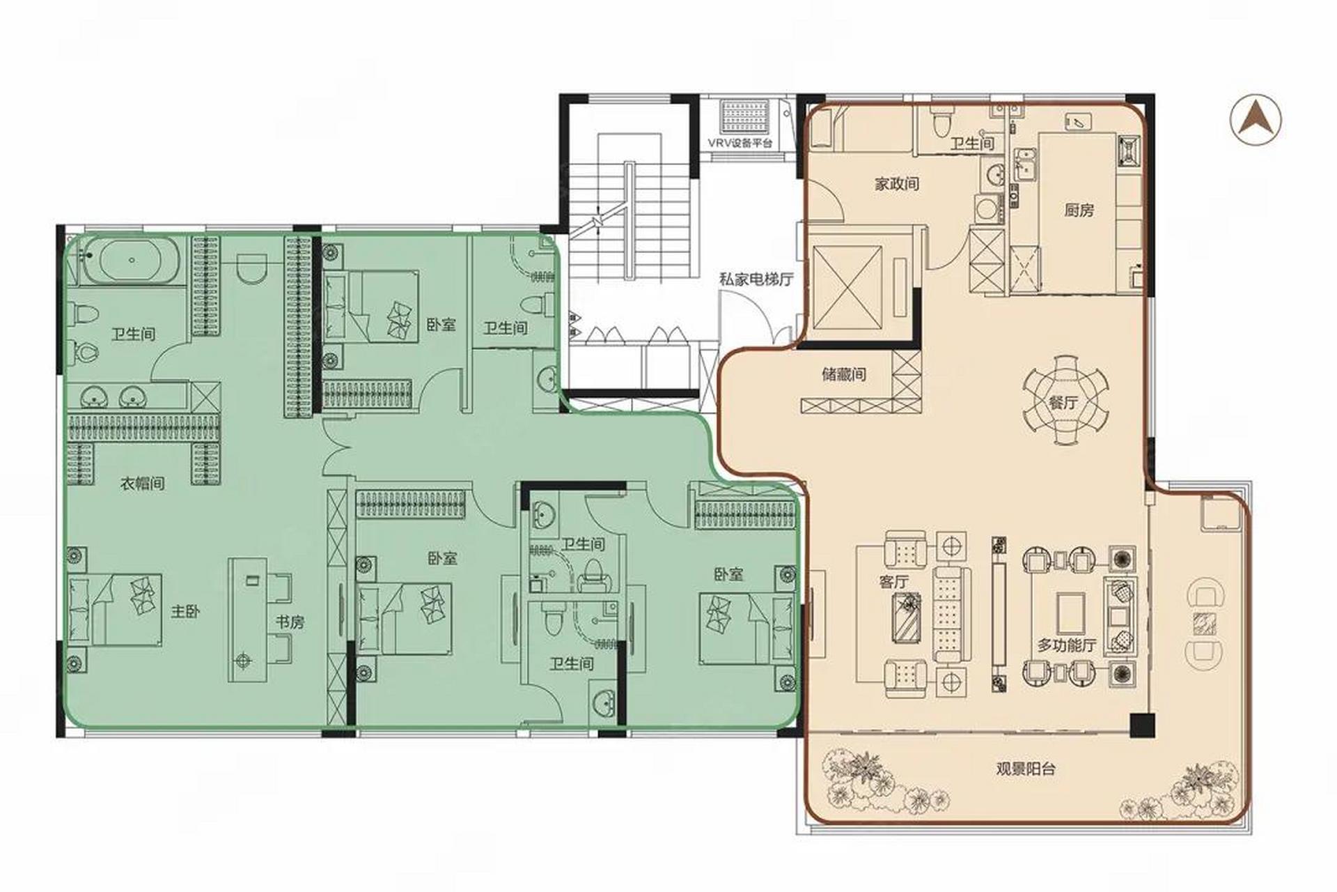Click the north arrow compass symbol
pyautogui.click(x=1255, y=120)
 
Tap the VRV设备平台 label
pyautogui.click(x=740, y=143)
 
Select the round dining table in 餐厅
pyautogui.click(x=1065, y=400)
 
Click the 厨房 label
pyautogui.click(x=1079, y=210)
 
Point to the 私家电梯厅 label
pyautogui.click(x=756, y=279)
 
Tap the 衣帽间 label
pyautogui.click(x=143, y=483)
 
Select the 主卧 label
pyautogui.click(x=186, y=612)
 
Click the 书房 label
pyautogui.click(x=290, y=622)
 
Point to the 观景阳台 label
pyautogui.click(x=1026, y=769)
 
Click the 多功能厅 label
pyautogui.click(x=1067, y=645)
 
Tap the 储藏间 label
pyautogui.click(x=844, y=374)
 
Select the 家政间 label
pyautogui.click(x=896, y=184)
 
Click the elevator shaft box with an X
pyautogui.click(x=846, y=286)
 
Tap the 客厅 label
pyautogui.click(x=894, y=581)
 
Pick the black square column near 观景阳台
pyautogui.click(x=1141, y=725)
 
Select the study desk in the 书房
pyautogui.click(x=249, y=618)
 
